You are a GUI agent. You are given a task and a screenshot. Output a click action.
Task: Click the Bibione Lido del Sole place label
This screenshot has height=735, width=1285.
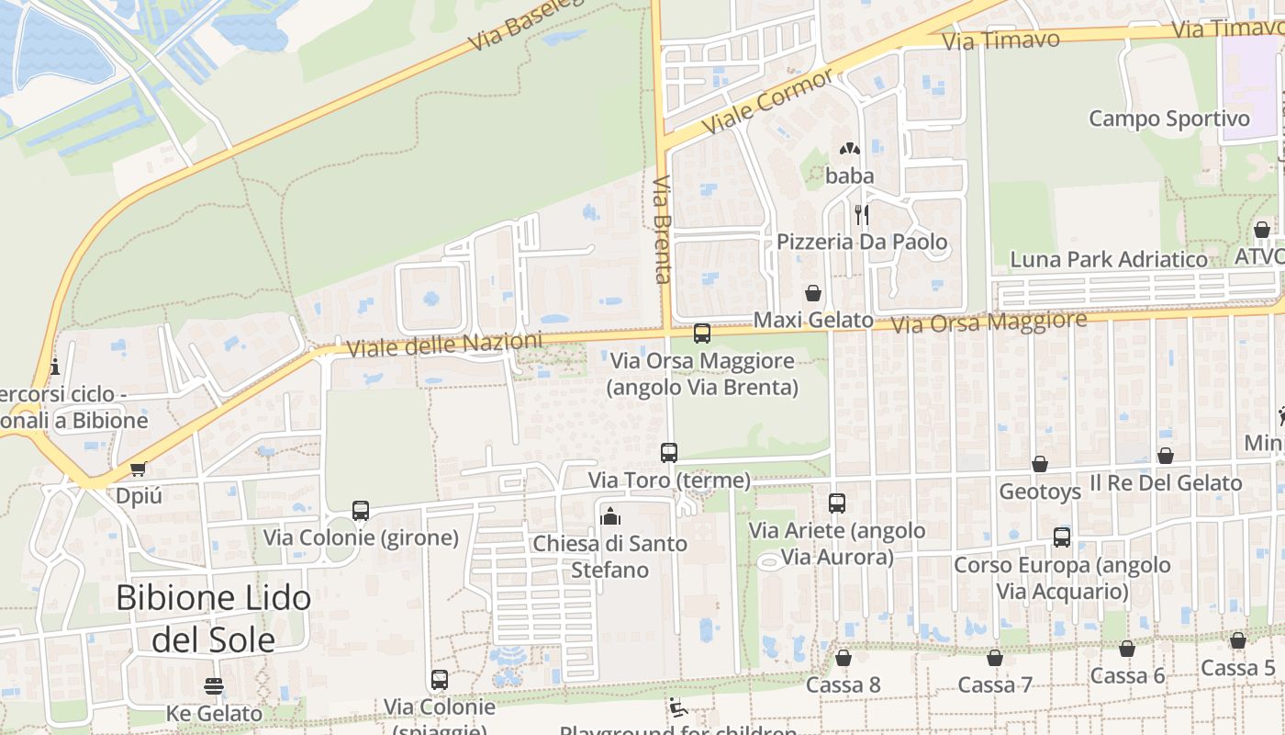[x=213, y=618]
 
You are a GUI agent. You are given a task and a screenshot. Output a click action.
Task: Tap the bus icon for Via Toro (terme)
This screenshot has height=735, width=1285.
[x=669, y=452]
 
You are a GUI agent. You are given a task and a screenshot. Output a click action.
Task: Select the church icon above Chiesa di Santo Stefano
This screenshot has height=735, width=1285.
[x=610, y=516]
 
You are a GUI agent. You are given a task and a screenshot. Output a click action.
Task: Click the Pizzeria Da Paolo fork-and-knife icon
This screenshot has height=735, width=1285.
[x=861, y=214]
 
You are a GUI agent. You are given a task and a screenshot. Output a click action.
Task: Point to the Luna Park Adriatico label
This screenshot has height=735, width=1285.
[x=1109, y=260]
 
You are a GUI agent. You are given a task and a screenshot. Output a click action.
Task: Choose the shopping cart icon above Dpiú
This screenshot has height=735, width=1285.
[x=139, y=469]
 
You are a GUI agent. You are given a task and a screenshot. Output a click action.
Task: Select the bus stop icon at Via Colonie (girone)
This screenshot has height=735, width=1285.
[x=361, y=511]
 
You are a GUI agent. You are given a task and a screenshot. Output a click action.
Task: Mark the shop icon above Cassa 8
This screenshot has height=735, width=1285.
[x=844, y=658]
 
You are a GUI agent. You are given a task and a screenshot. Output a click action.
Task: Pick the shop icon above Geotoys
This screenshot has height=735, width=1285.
[x=1040, y=464]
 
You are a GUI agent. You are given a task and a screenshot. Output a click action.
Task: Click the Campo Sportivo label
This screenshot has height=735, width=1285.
[x=1168, y=119]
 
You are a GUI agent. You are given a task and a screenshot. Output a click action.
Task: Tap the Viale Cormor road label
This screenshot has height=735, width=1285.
[x=766, y=99]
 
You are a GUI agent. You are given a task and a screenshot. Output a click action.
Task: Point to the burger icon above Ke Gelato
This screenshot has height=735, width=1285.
[x=214, y=685]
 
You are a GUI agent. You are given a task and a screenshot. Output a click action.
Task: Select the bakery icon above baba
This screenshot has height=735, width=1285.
[x=849, y=148]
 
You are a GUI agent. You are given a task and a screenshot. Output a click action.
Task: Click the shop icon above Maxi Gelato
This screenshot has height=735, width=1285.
[x=813, y=293]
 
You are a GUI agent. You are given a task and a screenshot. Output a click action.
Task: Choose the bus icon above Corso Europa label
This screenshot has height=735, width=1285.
[x=1062, y=537]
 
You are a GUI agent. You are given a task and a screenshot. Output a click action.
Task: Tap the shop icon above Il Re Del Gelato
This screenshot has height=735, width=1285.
[x=1166, y=456]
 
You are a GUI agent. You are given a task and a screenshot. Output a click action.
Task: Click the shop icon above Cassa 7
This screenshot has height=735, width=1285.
[x=995, y=658]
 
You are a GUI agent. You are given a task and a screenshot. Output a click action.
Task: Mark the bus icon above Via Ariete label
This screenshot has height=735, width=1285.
[x=837, y=503]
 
